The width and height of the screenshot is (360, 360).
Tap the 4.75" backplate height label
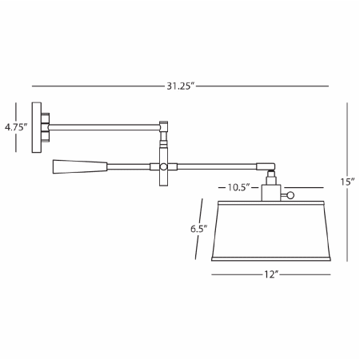pos(16,126)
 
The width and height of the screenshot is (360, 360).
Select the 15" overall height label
pos(346,182)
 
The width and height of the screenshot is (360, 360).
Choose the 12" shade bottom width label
pos(270,274)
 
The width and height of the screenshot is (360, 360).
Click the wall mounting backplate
pos(36,126)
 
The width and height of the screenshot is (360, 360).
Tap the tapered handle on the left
pos(79,166)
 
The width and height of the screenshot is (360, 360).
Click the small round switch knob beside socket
pos(290,194)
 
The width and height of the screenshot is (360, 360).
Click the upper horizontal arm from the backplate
pos(104,126)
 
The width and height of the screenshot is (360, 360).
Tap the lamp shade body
pos(270,232)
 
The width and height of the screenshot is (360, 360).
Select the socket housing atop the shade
pos(270,192)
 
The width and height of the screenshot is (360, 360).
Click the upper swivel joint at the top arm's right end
pos(164,126)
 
